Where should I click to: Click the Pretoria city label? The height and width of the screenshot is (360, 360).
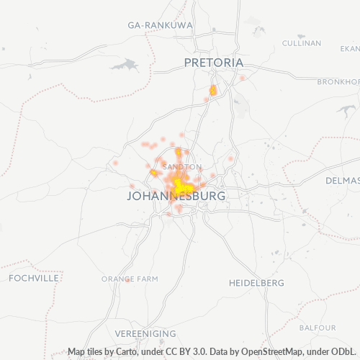214,63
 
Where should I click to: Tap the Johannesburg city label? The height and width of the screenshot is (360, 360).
176,195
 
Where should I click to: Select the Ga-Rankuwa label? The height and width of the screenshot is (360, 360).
161,24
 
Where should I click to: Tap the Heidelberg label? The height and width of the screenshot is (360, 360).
256,283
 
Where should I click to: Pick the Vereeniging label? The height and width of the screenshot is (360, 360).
145,334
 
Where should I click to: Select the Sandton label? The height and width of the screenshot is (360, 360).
178,167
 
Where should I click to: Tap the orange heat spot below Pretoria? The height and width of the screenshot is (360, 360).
212,91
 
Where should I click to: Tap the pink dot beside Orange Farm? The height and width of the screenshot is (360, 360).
127,281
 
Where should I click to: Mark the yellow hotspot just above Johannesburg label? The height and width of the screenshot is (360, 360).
179,186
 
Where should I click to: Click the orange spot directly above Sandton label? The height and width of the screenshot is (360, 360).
178,152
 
